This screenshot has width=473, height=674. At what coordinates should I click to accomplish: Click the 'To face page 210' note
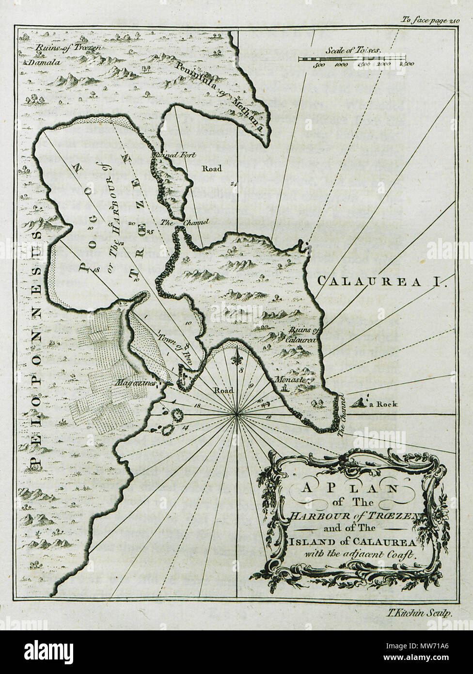point(429,20)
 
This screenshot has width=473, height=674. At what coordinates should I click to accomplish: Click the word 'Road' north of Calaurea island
point(212,168)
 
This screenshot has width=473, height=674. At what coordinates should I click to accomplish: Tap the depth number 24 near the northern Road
point(234,183)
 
